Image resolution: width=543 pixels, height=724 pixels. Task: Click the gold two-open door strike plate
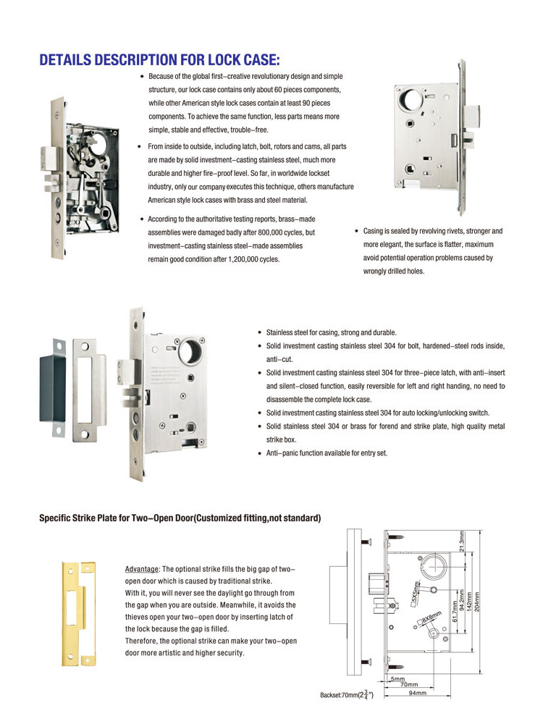tap(77, 613)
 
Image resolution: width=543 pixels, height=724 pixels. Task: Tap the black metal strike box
tap(52, 390)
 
